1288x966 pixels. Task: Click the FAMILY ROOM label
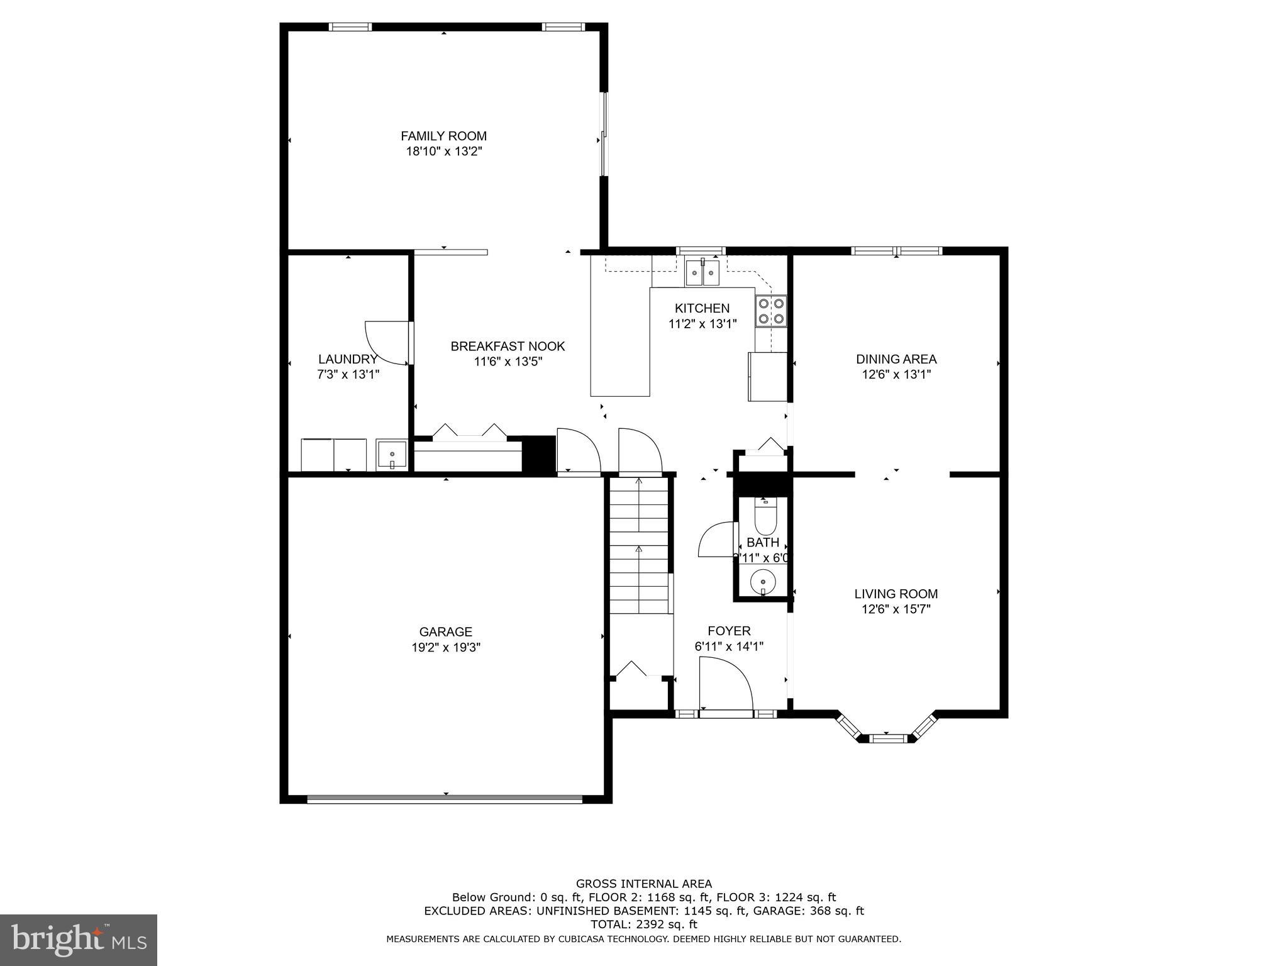[x=443, y=136]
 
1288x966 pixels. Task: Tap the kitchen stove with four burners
[x=771, y=311]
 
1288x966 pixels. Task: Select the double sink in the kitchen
[x=702, y=272]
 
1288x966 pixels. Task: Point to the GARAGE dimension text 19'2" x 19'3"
[x=446, y=647]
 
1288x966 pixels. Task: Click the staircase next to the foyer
[x=638, y=545]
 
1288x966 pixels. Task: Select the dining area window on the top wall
[x=897, y=251]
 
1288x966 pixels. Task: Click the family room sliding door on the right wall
[x=604, y=135]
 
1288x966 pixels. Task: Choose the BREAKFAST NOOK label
[x=508, y=346]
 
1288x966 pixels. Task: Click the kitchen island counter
[x=619, y=343]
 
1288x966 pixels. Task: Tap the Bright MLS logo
[x=79, y=940]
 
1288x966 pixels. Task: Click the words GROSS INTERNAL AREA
[x=644, y=884]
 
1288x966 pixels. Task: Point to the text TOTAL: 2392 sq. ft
[x=644, y=924]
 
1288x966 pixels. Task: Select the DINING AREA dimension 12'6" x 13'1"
[x=896, y=374]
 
